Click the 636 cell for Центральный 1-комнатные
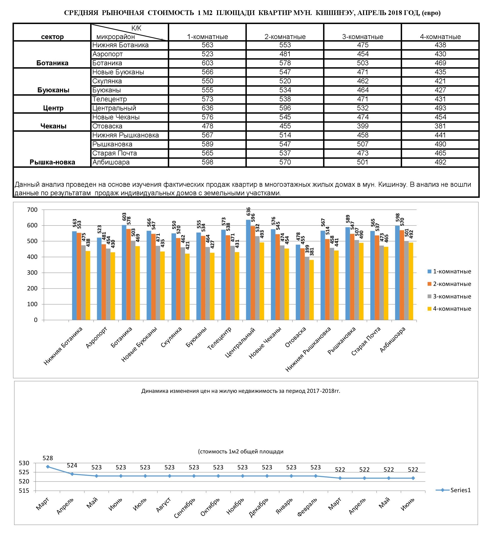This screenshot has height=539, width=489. [x=208, y=108]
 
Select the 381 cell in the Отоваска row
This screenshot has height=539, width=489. [x=440, y=126]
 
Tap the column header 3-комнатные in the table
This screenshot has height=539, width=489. [x=363, y=37]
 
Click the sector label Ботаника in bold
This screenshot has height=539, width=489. [x=52, y=63]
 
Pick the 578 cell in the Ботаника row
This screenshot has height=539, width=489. [x=285, y=63]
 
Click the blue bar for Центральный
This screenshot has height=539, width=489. [x=248, y=270]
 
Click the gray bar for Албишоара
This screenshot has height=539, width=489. [x=406, y=280]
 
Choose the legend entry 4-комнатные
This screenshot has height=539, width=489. [x=449, y=309]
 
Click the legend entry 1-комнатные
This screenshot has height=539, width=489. [x=449, y=271]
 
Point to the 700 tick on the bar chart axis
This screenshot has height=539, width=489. [x=32, y=210]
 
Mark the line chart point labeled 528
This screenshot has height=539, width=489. [x=48, y=467]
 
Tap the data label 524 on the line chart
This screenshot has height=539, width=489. [x=72, y=465]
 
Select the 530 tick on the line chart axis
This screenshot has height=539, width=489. [x=24, y=463]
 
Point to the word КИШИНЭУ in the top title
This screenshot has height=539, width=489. [x=335, y=13]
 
